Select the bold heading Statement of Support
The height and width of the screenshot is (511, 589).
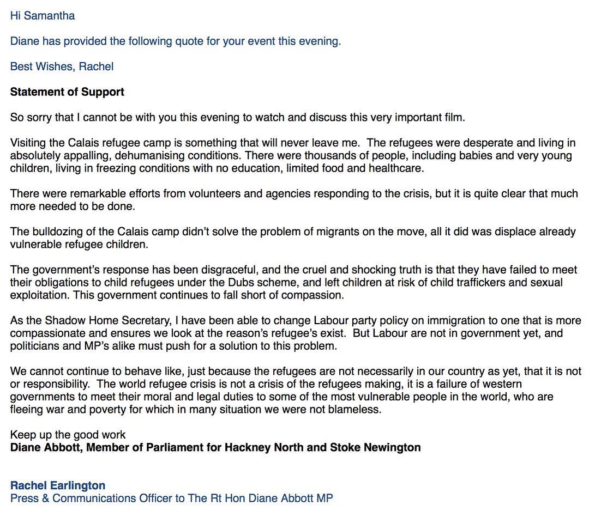[x=67, y=92]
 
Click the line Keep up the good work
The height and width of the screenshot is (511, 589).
[x=68, y=435]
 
